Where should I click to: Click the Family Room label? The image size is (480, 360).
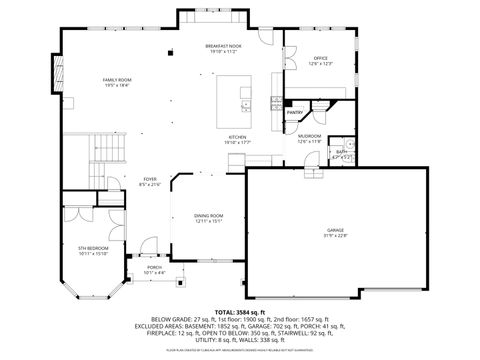(x=117, y=79)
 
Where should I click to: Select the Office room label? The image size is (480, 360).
(x=321, y=59)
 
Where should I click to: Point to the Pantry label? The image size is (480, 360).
(x=295, y=113)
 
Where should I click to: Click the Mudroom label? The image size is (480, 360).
(x=310, y=136)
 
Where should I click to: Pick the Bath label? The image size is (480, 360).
(x=341, y=152)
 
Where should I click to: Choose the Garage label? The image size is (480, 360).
(x=334, y=230)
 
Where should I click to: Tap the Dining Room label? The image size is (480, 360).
(x=208, y=216)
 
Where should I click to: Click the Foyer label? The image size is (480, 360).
(x=121, y=180)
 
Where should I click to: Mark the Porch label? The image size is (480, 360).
(x=154, y=267)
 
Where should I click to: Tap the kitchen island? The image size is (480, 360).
(x=236, y=99)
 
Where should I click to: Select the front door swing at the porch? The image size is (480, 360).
(x=146, y=246)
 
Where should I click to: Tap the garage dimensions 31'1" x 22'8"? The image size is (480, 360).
(x=334, y=236)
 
